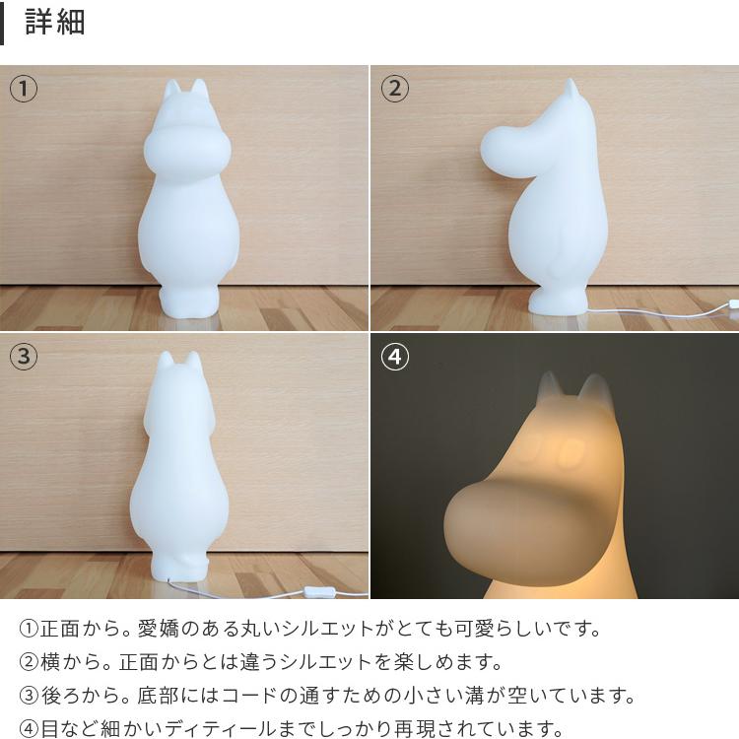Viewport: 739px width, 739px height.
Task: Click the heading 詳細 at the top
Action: (55, 23)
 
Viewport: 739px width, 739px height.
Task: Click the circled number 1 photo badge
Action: (24, 89)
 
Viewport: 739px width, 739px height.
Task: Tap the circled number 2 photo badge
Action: (394, 89)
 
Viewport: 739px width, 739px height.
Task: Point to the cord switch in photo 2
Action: (732, 302)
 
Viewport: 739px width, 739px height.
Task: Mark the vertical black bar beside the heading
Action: (3, 23)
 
